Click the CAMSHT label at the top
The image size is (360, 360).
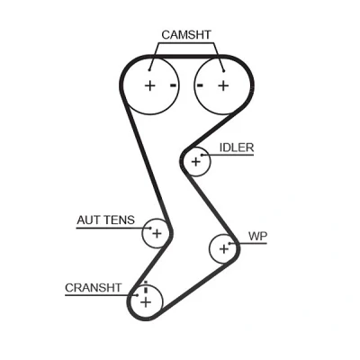pos(186,35)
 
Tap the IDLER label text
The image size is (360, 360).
pos(237,148)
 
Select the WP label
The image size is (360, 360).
pos(257,237)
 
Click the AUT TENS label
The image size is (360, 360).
pos(106,220)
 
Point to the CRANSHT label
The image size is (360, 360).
pos(93,288)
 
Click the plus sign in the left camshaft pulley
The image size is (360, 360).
pos(150,85)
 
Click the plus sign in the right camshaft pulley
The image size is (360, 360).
pos(223,85)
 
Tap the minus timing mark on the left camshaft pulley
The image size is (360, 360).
pos(173,85)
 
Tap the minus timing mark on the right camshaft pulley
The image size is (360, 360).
pos(200,85)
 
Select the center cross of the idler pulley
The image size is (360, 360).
pos(195,162)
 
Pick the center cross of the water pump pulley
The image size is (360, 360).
pos(223,248)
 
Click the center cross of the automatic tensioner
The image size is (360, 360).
pos(157,233)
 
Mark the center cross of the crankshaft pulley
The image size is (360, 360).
pos(146,302)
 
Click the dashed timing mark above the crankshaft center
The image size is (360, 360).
pos(146,287)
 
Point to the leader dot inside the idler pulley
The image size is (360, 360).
pos(202,155)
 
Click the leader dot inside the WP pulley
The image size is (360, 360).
pos(229,243)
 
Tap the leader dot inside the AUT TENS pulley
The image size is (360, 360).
pos(150,229)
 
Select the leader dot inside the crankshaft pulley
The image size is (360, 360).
pos(138,295)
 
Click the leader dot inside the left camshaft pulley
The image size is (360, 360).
pos(149,70)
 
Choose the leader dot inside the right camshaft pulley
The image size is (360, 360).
pos(224,71)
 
